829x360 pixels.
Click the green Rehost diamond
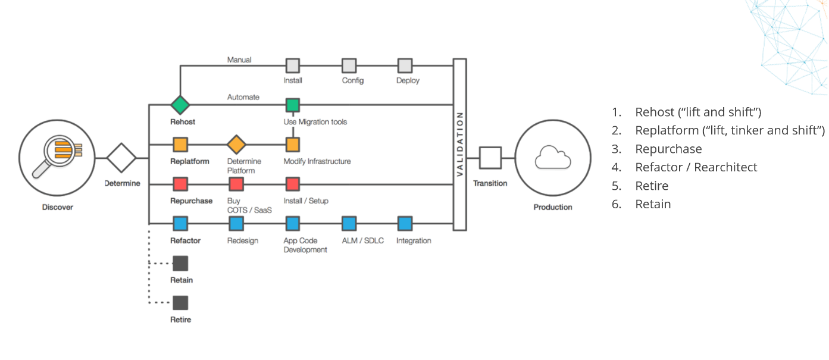(180, 105)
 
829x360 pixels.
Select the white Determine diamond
(121, 158)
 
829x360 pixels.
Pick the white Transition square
(490, 158)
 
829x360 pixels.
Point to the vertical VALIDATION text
(460, 144)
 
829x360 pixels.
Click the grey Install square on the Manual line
(293, 66)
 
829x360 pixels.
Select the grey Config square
(349, 66)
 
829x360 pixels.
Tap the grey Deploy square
(405, 66)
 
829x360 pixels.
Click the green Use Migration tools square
(293, 105)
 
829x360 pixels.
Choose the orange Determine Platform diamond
(236, 144)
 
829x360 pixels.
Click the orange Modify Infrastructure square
(293, 145)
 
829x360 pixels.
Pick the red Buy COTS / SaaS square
(236, 184)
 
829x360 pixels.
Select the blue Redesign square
(236, 224)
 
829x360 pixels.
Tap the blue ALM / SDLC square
(349, 224)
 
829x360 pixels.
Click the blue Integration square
(405, 224)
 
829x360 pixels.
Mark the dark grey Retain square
(180, 264)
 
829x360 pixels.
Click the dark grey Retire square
(180, 303)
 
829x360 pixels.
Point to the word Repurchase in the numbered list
(668, 149)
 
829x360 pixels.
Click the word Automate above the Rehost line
(243, 97)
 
